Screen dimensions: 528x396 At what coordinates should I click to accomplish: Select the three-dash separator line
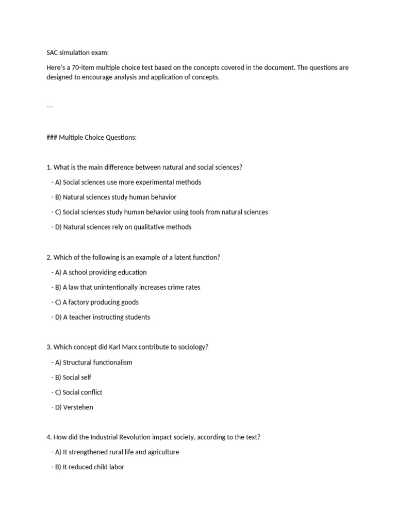[x=49, y=107]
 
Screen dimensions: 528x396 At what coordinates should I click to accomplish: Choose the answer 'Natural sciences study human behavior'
[x=114, y=197]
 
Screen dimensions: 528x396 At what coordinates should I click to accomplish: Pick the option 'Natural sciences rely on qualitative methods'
[x=122, y=227]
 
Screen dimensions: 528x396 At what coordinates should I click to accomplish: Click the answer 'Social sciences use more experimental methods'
[x=126, y=182]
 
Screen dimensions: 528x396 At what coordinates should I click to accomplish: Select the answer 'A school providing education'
[x=99, y=272]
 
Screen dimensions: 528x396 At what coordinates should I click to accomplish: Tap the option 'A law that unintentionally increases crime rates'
[x=126, y=287]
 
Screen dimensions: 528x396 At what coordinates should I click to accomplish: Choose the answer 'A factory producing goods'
[x=95, y=302]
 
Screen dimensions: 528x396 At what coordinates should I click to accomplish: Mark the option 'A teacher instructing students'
[x=101, y=317]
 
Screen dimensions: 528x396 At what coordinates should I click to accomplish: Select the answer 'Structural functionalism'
[x=92, y=362]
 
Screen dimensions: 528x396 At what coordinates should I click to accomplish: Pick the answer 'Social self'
[x=72, y=377]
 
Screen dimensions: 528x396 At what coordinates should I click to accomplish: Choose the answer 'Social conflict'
[x=77, y=392]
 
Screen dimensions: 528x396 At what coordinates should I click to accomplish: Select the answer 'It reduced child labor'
[x=88, y=467]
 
